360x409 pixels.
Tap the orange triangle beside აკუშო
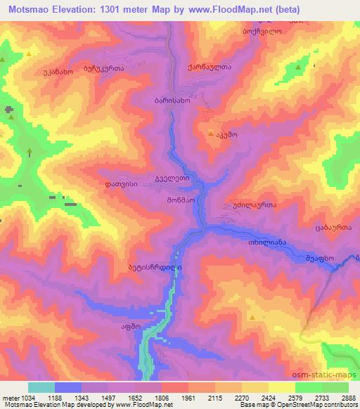210,132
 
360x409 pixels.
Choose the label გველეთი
172,179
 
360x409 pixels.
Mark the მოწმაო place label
180,199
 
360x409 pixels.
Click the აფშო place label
112,327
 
